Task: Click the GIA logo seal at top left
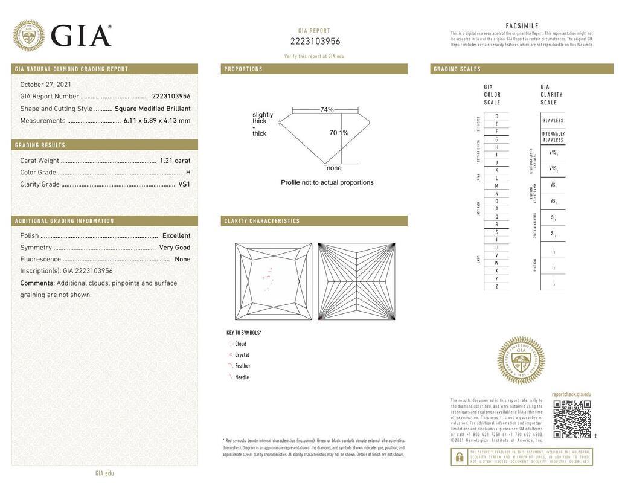[28, 35]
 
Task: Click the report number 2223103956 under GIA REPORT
[315, 42]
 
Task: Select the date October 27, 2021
[46, 85]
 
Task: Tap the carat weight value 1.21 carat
[175, 161]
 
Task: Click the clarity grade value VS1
[184, 184]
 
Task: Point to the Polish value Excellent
[176, 236]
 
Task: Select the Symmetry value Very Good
[175, 248]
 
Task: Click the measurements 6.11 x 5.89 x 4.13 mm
[157, 121]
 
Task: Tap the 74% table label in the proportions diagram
[327, 110]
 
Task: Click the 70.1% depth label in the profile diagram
[339, 133]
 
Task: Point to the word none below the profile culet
[334, 168]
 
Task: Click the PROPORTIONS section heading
[243, 69]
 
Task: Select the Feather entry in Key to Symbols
[242, 366]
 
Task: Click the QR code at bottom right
[572, 419]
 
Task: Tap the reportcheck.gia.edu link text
[571, 394]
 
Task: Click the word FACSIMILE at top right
[522, 26]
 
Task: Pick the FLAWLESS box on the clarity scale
[553, 120]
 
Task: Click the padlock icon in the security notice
[459, 457]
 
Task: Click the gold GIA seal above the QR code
[521, 360]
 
